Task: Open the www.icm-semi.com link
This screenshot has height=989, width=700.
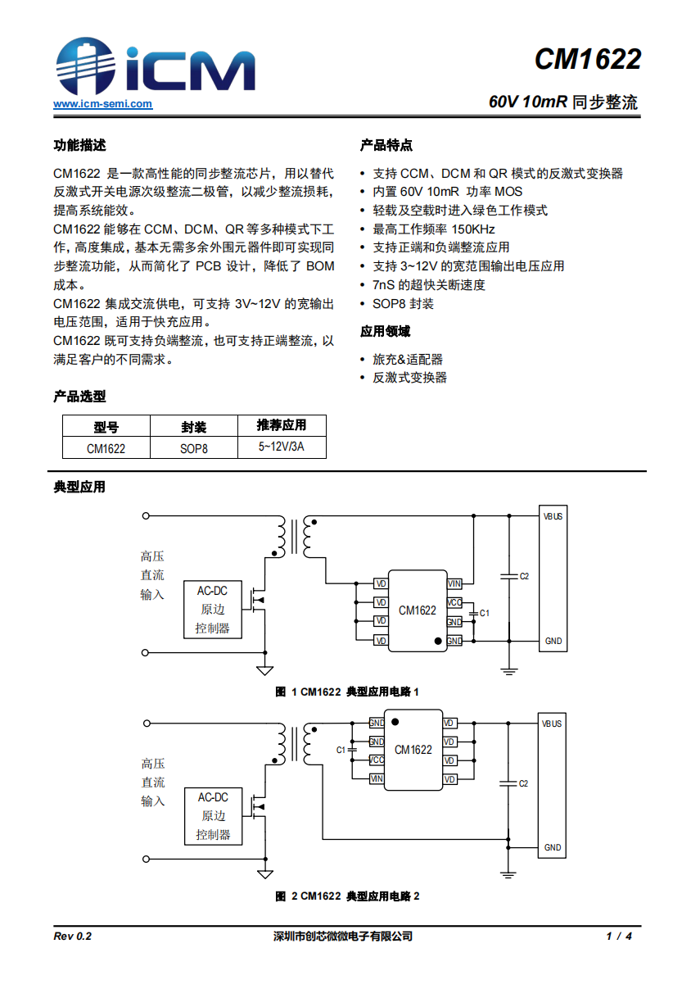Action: (x=103, y=104)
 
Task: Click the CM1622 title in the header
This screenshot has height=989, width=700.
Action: (x=587, y=59)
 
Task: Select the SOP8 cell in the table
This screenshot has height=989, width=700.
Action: (x=194, y=448)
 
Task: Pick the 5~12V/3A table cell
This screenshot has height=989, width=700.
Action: (x=282, y=447)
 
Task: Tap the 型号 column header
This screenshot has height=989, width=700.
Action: (x=106, y=426)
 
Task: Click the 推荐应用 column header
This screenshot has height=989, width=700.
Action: (x=282, y=425)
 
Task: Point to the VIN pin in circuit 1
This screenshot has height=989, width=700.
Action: (x=454, y=583)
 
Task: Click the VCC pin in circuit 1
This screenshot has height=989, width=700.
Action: (x=454, y=603)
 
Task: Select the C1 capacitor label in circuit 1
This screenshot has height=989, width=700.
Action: (x=485, y=613)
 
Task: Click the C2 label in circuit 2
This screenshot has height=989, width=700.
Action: (x=523, y=783)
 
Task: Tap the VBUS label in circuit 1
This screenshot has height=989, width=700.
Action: (x=553, y=517)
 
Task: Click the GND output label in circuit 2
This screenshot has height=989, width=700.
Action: (x=553, y=847)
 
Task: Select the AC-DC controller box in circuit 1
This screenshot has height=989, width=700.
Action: (x=213, y=610)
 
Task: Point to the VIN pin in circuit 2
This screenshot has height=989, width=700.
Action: (x=377, y=778)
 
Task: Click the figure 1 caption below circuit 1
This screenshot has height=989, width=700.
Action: (x=347, y=692)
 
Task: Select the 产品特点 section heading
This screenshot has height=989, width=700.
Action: (x=386, y=146)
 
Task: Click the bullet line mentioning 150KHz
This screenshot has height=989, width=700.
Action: (x=434, y=229)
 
